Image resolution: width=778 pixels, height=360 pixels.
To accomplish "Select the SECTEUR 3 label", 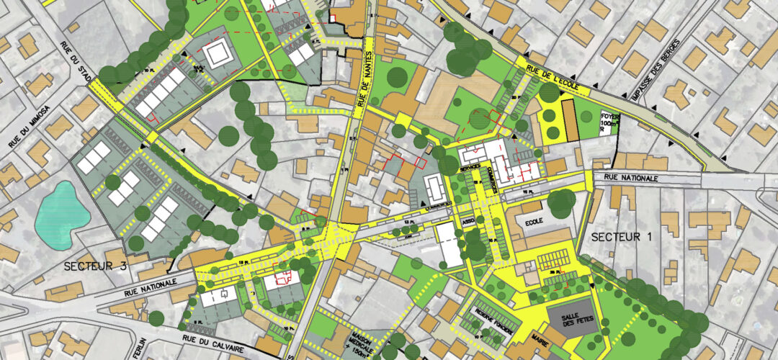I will point(95,266).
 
